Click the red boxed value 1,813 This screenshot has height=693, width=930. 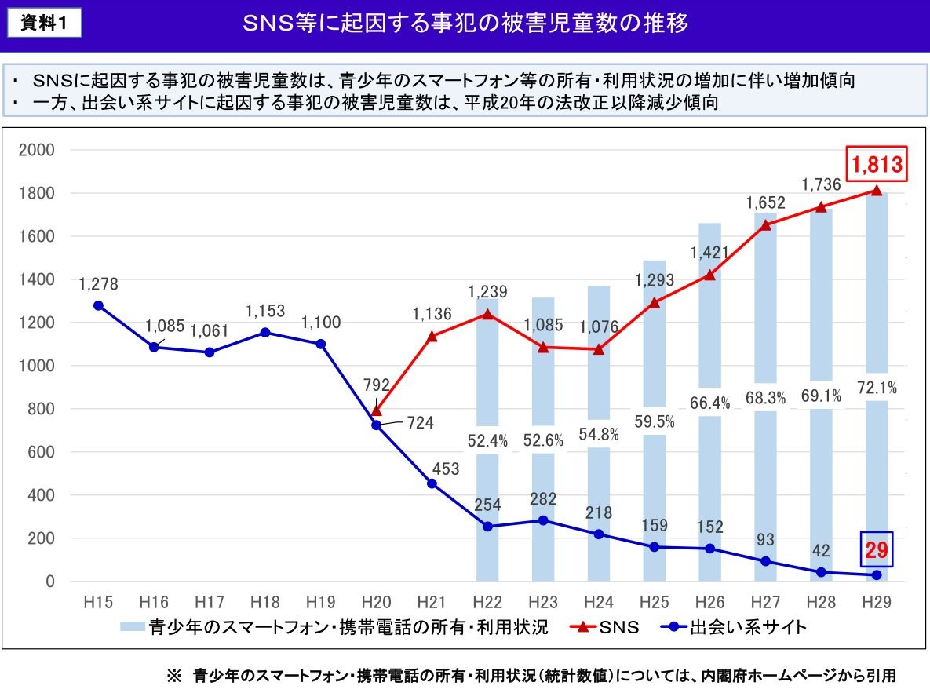(876, 165)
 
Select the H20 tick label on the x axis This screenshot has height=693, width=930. (376, 602)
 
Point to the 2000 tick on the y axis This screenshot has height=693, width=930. (39, 150)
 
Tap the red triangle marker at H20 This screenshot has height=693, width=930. (376, 410)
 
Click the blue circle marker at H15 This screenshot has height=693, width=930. (98, 305)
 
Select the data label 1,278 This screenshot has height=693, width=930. (98, 283)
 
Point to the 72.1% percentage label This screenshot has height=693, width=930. (877, 388)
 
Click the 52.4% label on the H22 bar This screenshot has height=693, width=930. (488, 440)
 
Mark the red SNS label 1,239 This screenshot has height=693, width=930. (488, 292)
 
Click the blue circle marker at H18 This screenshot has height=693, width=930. (264, 333)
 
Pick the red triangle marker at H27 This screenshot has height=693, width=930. (766, 225)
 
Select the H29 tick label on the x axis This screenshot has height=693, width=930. (877, 602)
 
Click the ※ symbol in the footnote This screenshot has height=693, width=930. (173, 676)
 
